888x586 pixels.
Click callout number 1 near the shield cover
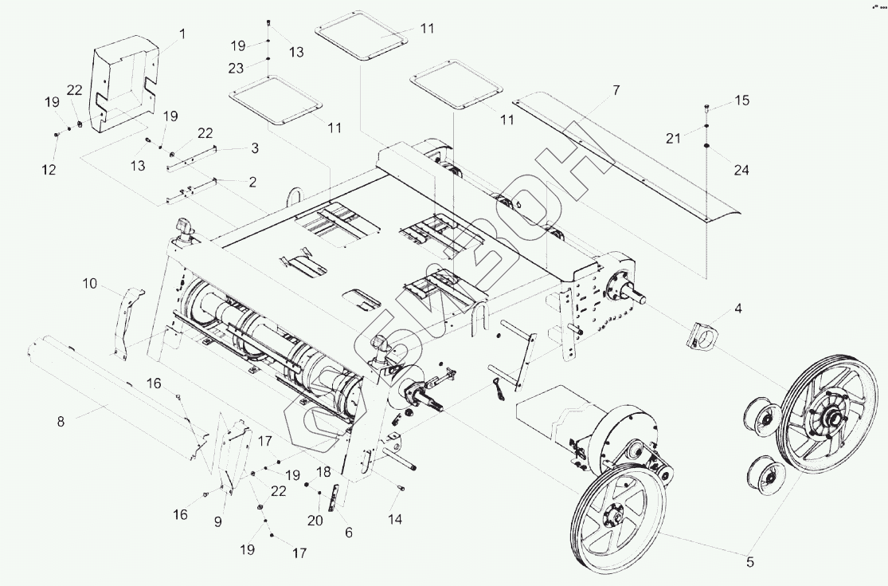click(x=182, y=34)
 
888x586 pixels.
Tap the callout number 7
click(x=616, y=90)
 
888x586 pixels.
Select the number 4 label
click(x=737, y=307)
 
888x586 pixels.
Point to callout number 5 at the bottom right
click(x=749, y=562)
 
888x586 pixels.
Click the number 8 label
click(x=61, y=422)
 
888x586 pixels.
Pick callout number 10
click(x=89, y=283)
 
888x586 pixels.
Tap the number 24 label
click(x=741, y=171)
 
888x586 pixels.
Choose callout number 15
click(x=741, y=101)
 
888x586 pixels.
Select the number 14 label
click(x=395, y=519)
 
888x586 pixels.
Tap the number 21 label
click(x=672, y=139)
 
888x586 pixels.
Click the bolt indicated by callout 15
click(x=707, y=108)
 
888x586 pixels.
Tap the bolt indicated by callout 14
click(x=399, y=488)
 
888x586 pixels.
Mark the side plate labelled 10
click(x=126, y=323)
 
